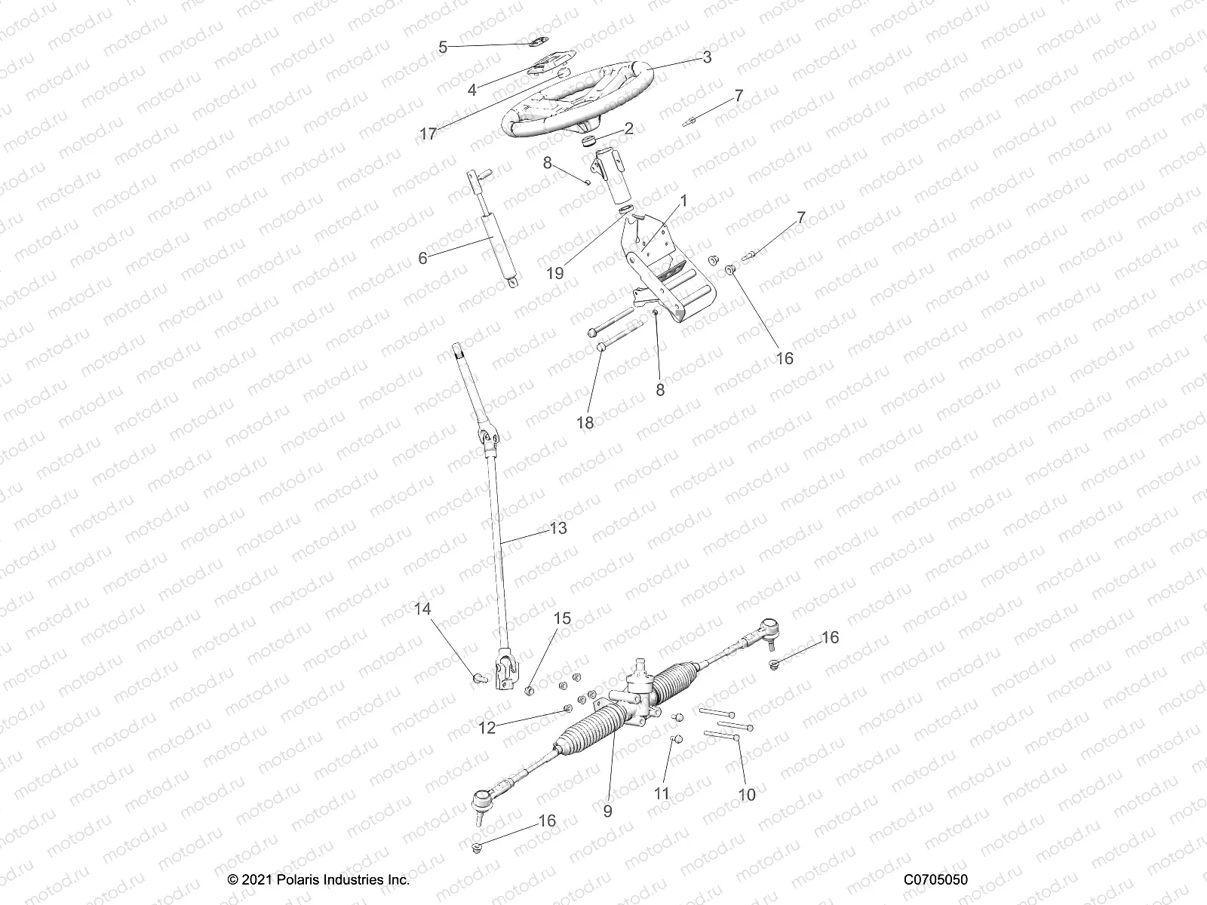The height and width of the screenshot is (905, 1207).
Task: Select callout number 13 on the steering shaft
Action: pos(557,529)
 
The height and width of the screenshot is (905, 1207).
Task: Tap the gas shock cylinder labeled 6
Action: pos(499,249)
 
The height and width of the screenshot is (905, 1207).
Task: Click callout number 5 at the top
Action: pos(443,47)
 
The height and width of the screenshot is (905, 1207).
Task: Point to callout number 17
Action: pos(428,134)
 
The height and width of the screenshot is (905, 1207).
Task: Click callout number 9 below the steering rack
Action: pos(607,811)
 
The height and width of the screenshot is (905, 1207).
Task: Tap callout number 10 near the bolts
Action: pos(747,795)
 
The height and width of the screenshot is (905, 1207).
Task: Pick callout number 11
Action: pos(662,793)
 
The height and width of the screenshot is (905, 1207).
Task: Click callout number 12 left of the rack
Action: pos(487,728)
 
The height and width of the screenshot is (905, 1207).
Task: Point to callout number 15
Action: pos(562,618)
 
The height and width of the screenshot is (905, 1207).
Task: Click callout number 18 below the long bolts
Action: pos(585,422)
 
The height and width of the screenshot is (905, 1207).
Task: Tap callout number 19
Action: pos(554,273)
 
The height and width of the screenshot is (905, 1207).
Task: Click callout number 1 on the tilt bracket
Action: pos(683,201)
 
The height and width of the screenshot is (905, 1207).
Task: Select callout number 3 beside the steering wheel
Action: pos(706,57)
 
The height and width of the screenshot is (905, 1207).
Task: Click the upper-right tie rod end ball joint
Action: pos(768,626)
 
